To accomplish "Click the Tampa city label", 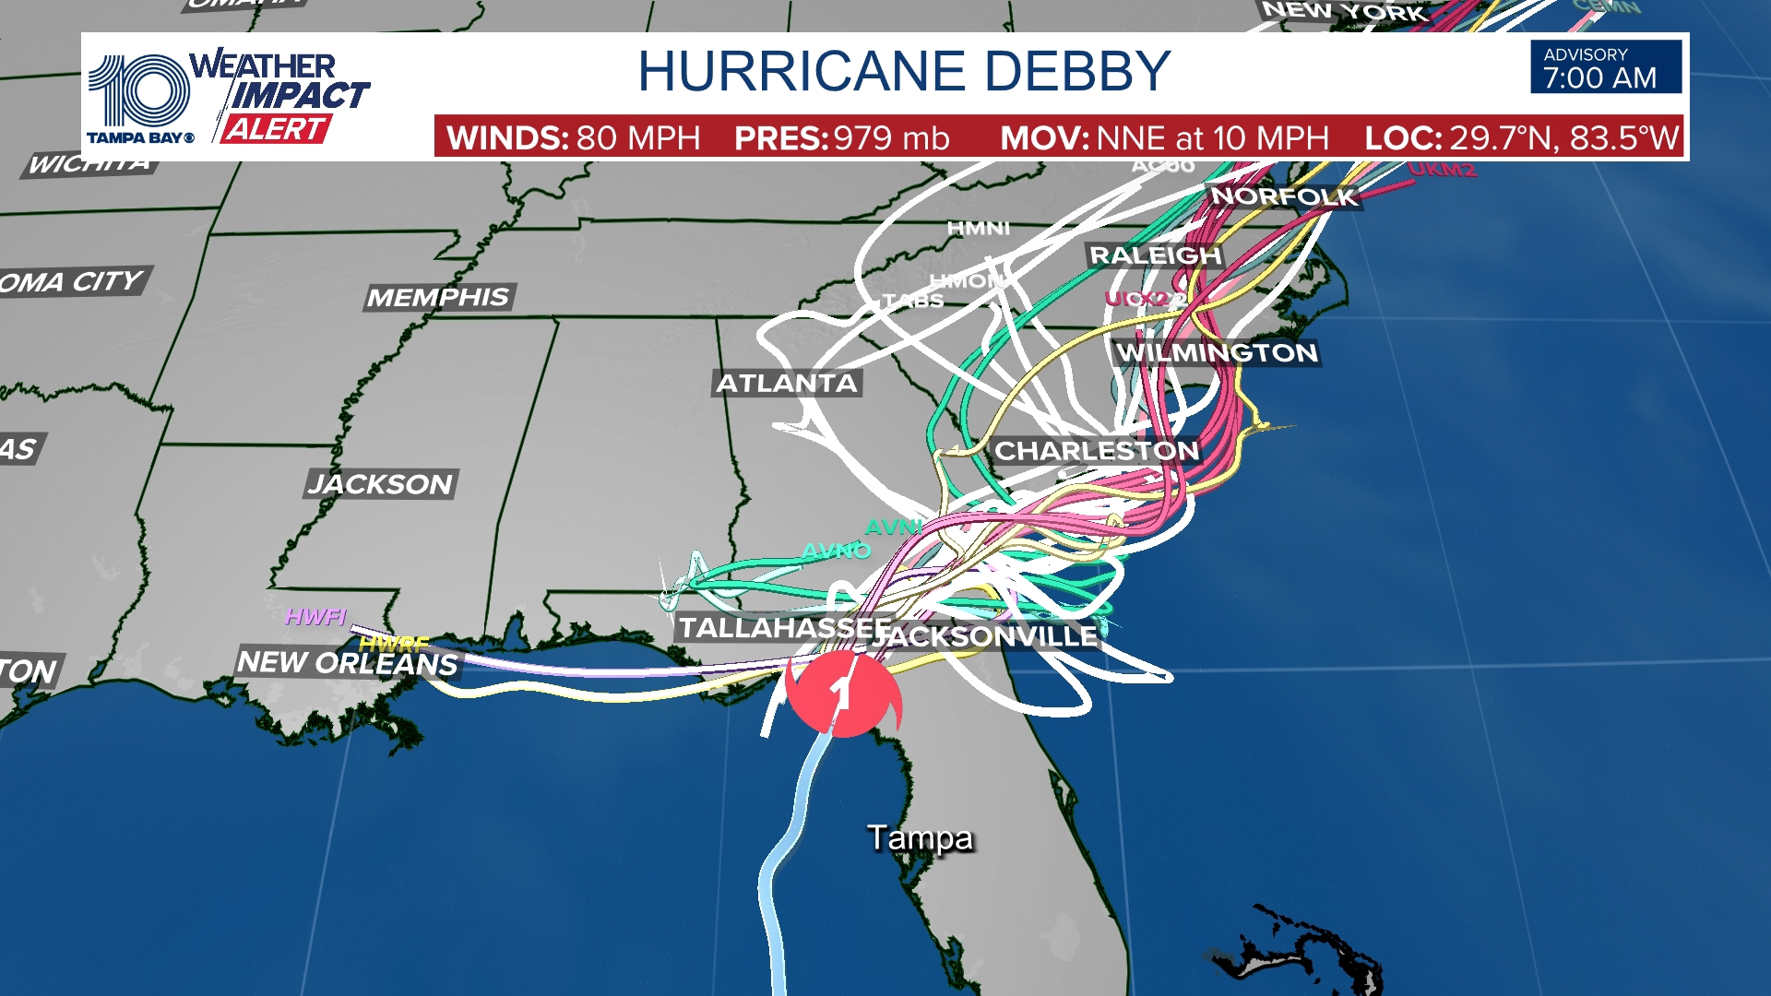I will (x=920, y=837).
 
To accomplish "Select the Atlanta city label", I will (x=787, y=383).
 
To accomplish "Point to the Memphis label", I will (x=438, y=297).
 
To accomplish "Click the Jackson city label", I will (x=380, y=484).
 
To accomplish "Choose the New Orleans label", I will (x=347, y=662).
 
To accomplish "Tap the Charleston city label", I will (x=1096, y=451).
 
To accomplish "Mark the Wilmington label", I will (x=1217, y=352).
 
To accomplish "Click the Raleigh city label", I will (x=1155, y=255).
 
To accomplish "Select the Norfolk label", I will (x=1283, y=196).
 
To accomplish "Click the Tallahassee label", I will (x=784, y=628).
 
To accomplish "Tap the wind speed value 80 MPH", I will (x=638, y=138).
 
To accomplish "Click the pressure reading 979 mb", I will (x=891, y=138).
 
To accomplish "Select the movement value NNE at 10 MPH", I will (x=1212, y=138).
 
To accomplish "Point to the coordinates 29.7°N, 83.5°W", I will (x=1563, y=138).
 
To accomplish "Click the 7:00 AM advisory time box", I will (x=1606, y=67).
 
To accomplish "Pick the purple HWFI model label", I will (x=315, y=616).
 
